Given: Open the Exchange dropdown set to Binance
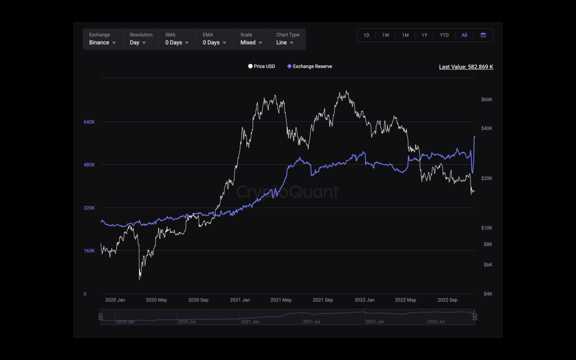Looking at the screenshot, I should pyautogui.click(x=102, y=39).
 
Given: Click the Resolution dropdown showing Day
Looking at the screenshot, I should pyautogui.click(x=138, y=39).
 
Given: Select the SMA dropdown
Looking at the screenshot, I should pyautogui.click(x=177, y=39).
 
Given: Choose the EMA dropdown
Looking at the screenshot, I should pyautogui.click(x=214, y=39).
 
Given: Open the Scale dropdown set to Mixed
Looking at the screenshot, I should pyautogui.click(x=251, y=39).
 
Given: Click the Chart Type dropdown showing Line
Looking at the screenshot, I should pyautogui.click(x=287, y=39).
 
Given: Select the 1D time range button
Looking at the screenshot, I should pyautogui.click(x=366, y=35).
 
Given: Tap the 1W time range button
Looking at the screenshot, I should pyautogui.click(x=385, y=35).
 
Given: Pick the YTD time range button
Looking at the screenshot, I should pyautogui.click(x=444, y=35).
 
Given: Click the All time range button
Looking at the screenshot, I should pyautogui.click(x=464, y=35).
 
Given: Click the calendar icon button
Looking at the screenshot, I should pyautogui.click(x=483, y=35).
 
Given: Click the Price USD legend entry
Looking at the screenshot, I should pyautogui.click(x=262, y=66).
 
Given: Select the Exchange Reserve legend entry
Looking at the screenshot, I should pyautogui.click(x=309, y=66).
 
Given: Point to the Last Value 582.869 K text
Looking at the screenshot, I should pyautogui.click(x=466, y=67).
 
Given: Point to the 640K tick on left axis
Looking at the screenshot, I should pyautogui.click(x=89, y=122).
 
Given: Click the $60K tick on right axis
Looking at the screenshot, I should pyautogui.click(x=487, y=100).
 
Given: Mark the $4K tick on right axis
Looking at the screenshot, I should pyautogui.click(x=487, y=294).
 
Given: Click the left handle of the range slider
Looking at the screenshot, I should pyautogui.click(x=101, y=317).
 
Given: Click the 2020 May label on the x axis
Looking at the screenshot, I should pyautogui.click(x=156, y=300).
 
